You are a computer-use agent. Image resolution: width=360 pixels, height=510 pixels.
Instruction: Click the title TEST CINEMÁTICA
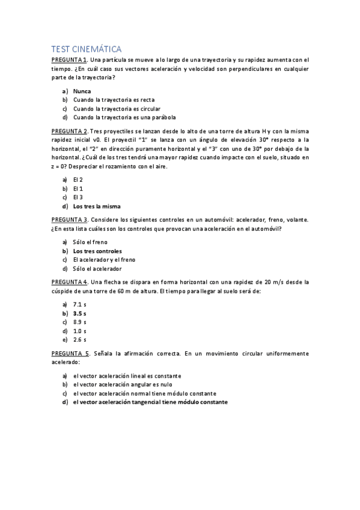87,49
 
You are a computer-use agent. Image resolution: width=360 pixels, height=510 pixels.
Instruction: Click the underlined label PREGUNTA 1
69,60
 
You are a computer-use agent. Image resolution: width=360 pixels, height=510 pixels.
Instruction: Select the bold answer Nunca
82,91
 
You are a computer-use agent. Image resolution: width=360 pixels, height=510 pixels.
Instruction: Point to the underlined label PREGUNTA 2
69,131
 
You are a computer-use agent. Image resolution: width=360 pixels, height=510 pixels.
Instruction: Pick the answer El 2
78,179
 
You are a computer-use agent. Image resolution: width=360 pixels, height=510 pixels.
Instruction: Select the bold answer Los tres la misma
97,206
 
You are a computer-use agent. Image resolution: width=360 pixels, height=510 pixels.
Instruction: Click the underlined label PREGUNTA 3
69,220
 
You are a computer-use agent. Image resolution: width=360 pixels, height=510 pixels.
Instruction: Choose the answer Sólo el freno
91,242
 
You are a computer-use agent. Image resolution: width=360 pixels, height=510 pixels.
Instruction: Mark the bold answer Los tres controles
97,251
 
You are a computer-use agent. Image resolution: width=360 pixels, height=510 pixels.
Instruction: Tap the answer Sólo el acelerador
97,269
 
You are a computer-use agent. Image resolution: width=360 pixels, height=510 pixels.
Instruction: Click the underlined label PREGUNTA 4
69,282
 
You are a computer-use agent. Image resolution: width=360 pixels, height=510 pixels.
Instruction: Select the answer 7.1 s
79,304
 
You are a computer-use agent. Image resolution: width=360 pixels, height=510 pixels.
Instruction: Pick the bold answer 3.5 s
79,313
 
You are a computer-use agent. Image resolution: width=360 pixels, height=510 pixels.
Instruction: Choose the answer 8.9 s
79,322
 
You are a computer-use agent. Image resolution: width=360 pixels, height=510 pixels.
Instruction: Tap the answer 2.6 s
79,340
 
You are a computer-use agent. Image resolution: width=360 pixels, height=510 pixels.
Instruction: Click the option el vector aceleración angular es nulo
123,384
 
